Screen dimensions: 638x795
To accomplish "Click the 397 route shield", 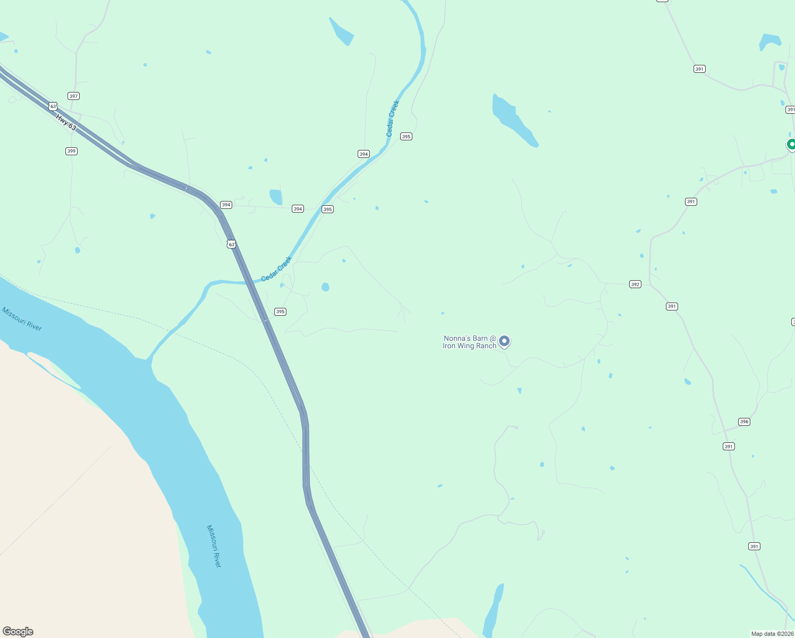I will pos(73,96).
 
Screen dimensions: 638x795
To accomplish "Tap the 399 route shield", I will pos(71,151).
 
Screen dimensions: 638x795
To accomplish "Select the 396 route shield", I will pos(744,422).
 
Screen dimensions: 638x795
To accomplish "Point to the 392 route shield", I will pos(635,284).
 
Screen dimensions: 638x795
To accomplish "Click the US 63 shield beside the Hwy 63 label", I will pos(53,106).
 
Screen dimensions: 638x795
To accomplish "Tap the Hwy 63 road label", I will pos(66,123).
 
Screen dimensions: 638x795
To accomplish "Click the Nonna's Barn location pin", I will pos(504,341).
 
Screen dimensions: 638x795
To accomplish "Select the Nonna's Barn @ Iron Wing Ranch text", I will pos(470,342).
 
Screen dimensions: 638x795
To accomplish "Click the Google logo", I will pos(18,632).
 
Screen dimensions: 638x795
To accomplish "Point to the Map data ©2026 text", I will pos(772,634).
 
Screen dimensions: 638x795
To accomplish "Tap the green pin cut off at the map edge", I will pos(791,145).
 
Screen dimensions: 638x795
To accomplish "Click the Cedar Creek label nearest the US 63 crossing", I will pos(276,269).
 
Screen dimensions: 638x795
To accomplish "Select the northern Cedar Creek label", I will pos(393,119).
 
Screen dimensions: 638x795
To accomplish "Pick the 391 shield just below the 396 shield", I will pos(729,447).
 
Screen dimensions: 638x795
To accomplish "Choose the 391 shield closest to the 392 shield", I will pos(672,306).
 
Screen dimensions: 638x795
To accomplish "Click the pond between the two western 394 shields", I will pos(276,197).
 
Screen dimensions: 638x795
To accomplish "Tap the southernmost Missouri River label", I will pos(214,546).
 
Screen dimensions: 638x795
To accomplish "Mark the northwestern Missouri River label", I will pos(22,319).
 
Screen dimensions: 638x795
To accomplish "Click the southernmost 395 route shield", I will pos(280,312).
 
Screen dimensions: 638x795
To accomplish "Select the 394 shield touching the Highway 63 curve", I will pos(226,205).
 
